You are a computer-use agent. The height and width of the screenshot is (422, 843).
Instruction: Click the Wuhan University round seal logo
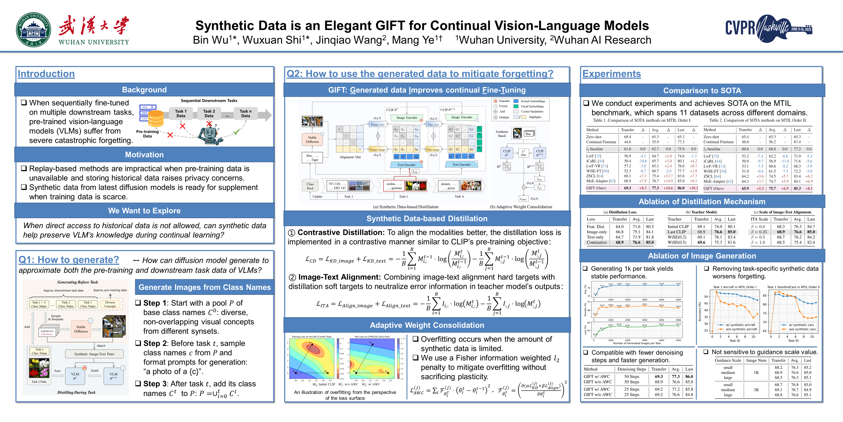[x=33, y=30]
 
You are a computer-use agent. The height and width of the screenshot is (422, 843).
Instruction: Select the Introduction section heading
[x=46, y=74]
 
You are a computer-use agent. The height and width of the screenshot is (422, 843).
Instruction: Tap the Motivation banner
[x=144, y=155]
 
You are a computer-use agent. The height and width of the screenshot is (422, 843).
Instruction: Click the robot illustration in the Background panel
[x=210, y=134]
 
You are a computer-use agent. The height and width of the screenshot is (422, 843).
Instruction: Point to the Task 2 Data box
[x=209, y=113]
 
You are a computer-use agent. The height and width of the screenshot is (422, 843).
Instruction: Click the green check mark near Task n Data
[x=236, y=132]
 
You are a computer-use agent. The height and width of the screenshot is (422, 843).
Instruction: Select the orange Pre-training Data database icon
[x=155, y=118]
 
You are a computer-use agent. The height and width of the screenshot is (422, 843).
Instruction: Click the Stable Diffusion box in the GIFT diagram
[x=312, y=139]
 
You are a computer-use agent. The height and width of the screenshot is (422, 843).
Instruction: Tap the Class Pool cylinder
[x=310, y=186]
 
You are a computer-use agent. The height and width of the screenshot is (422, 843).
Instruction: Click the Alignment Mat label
[x=350, y=157]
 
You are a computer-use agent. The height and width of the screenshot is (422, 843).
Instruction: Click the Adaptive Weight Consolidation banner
[x=427, y=325]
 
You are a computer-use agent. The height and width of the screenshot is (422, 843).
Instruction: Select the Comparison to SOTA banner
[x=702, y=91]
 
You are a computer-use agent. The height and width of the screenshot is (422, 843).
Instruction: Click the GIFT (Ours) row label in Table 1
[x=596, y=188]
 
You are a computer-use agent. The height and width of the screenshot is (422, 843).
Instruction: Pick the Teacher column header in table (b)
[x=674, y=219]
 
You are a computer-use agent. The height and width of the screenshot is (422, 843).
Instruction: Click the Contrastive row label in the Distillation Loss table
[x=597, y=242]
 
